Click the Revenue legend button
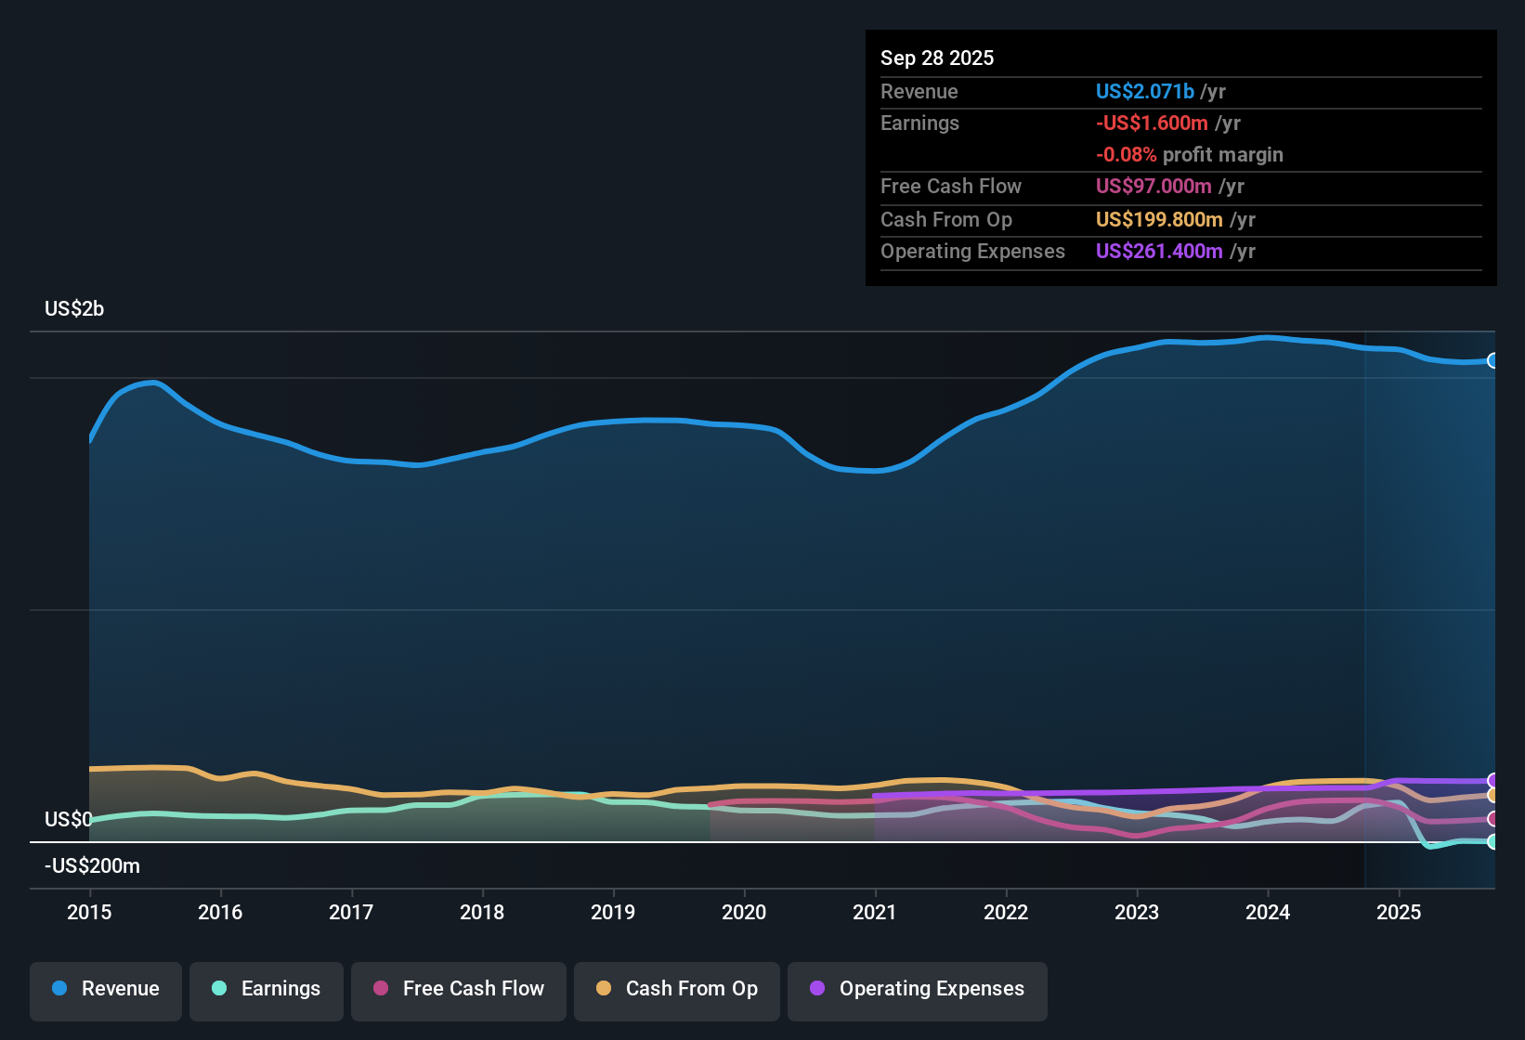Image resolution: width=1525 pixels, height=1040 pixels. click(x=106, y=989)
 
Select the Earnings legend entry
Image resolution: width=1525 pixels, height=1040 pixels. click(x=267, y=989)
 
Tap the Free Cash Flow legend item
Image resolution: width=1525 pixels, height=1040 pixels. click(x=459, y=989)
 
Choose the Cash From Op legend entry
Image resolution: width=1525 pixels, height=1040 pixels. click(x=677, y=989)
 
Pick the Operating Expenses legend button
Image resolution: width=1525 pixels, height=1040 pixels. click(x=918, y=989)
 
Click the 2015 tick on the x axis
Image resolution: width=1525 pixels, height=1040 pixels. click(x=89, y=912)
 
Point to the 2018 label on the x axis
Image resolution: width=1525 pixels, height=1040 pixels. click(x=482, y=912)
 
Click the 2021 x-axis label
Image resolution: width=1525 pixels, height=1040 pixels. click(x=875, y=912)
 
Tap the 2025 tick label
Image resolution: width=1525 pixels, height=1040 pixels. click(x=1399, y=912)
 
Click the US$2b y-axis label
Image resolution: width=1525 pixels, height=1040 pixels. click(x=74, y=308)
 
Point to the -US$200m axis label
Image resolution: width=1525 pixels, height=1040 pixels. click(x=92, y=865)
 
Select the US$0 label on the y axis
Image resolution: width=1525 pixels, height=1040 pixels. click(x=68, y=819)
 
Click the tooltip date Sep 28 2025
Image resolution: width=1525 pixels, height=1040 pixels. click(x=937, y=58)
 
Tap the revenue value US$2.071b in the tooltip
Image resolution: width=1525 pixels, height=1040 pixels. click(x=1144, y=91)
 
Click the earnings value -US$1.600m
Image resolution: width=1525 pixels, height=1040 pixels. click(x=1152, y=123)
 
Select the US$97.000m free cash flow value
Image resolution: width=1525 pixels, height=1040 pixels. click(x=1154, y=186)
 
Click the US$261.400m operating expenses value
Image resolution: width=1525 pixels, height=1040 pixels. click(x=1159, y=251)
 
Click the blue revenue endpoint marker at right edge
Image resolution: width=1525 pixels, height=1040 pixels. click(x=1492, y=360)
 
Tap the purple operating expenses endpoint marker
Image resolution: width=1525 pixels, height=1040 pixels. click(x=1492, y=781)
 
